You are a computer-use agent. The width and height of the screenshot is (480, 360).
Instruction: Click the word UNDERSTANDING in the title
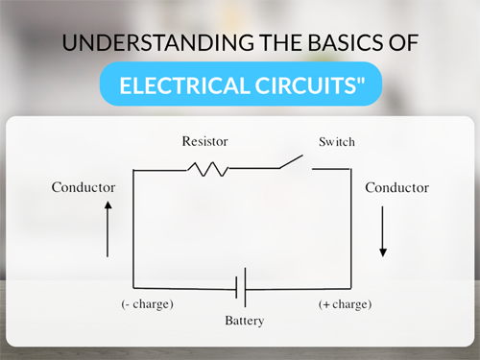tap(158, 42)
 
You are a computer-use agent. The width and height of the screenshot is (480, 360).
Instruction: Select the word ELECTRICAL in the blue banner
tap(184, 85)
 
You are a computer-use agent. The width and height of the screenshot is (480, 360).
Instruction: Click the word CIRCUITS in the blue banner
tap(305, 85)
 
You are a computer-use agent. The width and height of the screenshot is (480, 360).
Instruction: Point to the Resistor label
tap(204, 141)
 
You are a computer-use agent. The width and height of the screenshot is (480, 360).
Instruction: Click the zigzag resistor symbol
tap(208, 169)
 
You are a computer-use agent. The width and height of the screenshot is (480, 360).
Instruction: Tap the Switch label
tap(337, 142)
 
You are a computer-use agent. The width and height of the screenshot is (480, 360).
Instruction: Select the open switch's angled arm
tap(291, 161)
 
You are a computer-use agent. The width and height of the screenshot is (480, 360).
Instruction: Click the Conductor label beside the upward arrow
tap(84, 187)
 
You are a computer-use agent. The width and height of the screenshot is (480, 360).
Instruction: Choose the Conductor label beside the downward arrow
tap(397, 187)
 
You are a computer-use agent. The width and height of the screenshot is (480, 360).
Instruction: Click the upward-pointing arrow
tap(108, 228)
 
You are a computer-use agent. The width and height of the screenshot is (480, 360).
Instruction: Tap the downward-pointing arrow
tap(383, 231)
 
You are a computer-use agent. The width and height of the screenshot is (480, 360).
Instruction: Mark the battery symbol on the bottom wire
tap(241, 288)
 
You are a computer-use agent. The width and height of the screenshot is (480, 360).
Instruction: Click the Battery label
tap(245, 321)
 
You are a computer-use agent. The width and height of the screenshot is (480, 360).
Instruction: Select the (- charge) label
tap(147, 303)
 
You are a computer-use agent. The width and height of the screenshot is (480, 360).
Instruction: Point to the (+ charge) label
tap(345, 304)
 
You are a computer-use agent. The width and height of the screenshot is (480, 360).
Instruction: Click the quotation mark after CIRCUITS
tap(360, 80)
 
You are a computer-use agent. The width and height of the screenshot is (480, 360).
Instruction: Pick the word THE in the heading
tap(280, 42)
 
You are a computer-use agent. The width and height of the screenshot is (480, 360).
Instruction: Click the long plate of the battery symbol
tap(246, 288)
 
